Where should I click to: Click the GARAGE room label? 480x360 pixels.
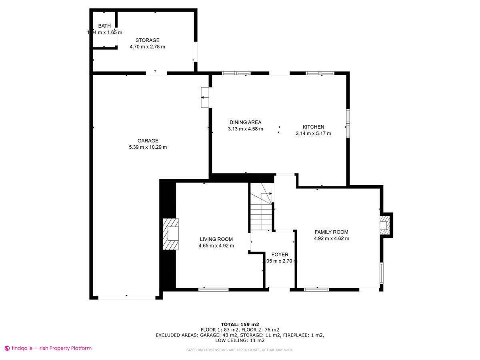point(148,140)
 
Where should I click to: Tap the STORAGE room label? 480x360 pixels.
point(147,40)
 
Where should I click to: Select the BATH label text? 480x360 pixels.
point(104,26)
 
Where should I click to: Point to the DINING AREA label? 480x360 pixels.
point(245,122)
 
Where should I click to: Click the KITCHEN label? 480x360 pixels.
point(313,127)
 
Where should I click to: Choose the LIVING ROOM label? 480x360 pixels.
point(216,239)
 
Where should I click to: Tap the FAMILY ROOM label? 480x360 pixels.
point(331,232)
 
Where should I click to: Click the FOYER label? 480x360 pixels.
point(280,254)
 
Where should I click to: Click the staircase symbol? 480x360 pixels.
point(261,207)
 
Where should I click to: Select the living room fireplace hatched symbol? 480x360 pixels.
point(170,234)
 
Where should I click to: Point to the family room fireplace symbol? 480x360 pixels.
point(385,225)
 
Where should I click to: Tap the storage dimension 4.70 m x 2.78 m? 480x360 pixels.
point(147,47)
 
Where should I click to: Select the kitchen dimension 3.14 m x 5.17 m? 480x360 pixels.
point(313,134)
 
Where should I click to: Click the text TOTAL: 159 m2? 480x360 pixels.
point(240,324)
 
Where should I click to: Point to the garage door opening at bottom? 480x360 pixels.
point(127,297)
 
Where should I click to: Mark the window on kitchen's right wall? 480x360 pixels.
point(348,123)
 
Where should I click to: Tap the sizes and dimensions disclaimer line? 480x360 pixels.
point(240,350)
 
